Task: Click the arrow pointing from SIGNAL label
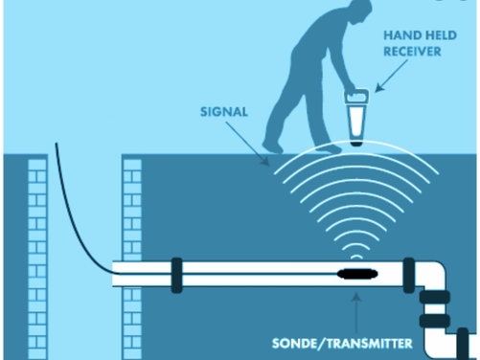coord(252,144)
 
